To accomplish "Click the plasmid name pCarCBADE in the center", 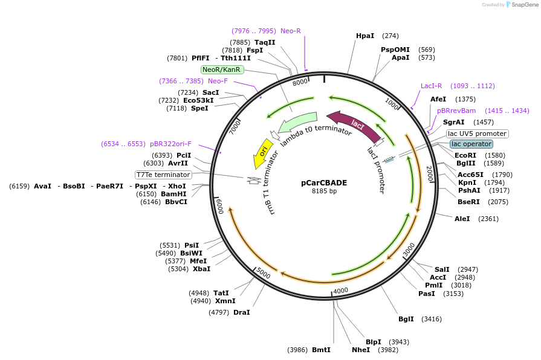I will pyautogui.click(x=324, y=182).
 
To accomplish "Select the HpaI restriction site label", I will pyautogui.click(x=365, y=36).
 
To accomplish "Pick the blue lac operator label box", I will pyautogui.click(x=471, y=144).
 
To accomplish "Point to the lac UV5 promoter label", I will pyautogui.click(x=477, y=133).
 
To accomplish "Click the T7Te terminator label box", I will pyautogui.click(x=163, y=175).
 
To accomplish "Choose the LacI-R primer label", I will pyautogui.click(x=432, y=86).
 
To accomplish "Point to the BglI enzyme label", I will pyautogui.click(x=406, y=319).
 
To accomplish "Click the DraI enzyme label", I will pyautogui.click(x=242, y=312).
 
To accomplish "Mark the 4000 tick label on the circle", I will pyautogui.click(x=341, y=291).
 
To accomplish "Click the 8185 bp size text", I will pyautogui.click(x=324, y=191).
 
